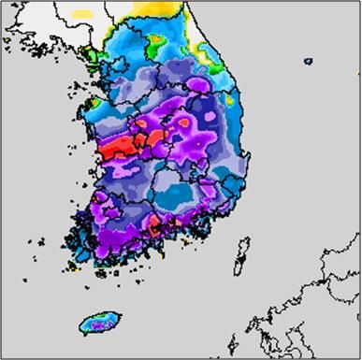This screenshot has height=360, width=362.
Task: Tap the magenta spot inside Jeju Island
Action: pos(107,324)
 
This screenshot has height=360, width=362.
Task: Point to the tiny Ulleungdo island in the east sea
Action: pos(308,62)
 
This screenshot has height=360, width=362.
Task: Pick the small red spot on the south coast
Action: pos(154,223)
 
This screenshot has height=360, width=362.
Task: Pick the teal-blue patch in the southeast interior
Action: pos(178,192)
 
